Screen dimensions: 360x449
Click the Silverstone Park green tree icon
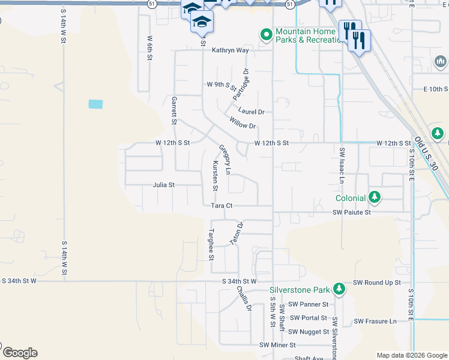[340, 290]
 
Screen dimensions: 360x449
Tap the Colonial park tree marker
[375, 197]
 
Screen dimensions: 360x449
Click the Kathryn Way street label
[230, 50]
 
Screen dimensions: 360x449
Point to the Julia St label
[163, 185]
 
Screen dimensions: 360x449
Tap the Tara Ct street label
[221, 206]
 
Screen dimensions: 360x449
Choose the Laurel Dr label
[251, 112]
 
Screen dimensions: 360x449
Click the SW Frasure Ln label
[375, 321]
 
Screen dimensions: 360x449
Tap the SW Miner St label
[278, 345]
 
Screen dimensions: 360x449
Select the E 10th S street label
[436, 89]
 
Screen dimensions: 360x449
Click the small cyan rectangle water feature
[95, 104]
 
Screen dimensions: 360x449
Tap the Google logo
[20, 353]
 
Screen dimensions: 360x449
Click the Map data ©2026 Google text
[411, 355]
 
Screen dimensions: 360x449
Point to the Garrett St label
[175, 110]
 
